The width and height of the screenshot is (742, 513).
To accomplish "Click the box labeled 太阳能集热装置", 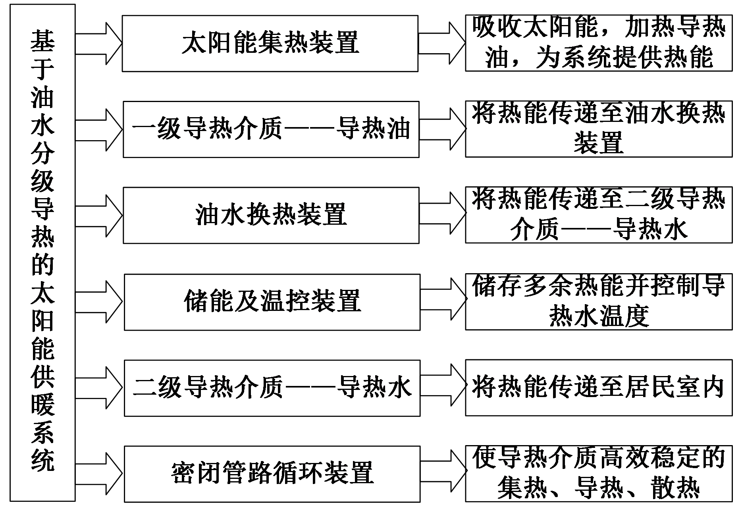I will (x=270, y=43).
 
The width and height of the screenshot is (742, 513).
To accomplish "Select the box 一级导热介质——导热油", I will (x=271, y=129).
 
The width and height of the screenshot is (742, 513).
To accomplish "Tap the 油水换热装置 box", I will (x=271, y=215).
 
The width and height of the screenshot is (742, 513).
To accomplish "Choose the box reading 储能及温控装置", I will (x=272, y=302).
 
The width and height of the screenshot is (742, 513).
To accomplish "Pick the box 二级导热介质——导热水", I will (x=272, y=388).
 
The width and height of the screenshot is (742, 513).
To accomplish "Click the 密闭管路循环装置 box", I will (x=272, y=474).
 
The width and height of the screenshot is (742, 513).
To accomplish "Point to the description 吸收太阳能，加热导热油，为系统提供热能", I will (x=599, y=43).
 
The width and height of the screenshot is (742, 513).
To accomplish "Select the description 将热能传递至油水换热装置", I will (x=599, y=129).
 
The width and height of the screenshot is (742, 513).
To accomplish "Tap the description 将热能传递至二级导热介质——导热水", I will (x=599, y=215).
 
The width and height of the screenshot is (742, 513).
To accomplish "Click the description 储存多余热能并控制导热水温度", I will (x=599, y=301).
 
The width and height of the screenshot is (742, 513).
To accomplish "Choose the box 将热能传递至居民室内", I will (x=599, y=388).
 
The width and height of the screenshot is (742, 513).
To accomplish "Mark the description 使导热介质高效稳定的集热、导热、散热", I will (x=599, y=473).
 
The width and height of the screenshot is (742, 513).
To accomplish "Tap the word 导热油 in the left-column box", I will (x=373, y=129).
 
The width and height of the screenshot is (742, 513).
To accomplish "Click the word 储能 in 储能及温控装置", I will (x=209, y=302).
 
